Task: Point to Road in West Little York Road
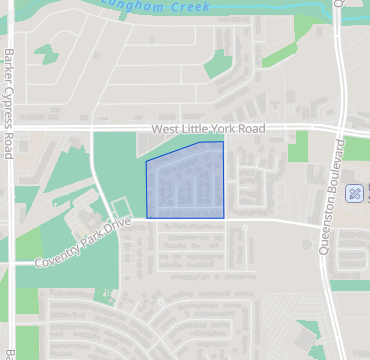click(251, 130)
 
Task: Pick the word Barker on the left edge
click(9, 67)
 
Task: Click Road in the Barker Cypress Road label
click(9, 146)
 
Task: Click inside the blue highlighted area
click(187, 182)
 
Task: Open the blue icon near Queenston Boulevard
click(354, 192)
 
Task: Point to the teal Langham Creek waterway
click(250, 9)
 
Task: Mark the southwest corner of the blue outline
click(147, 217)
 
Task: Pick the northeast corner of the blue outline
click(223, 142)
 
